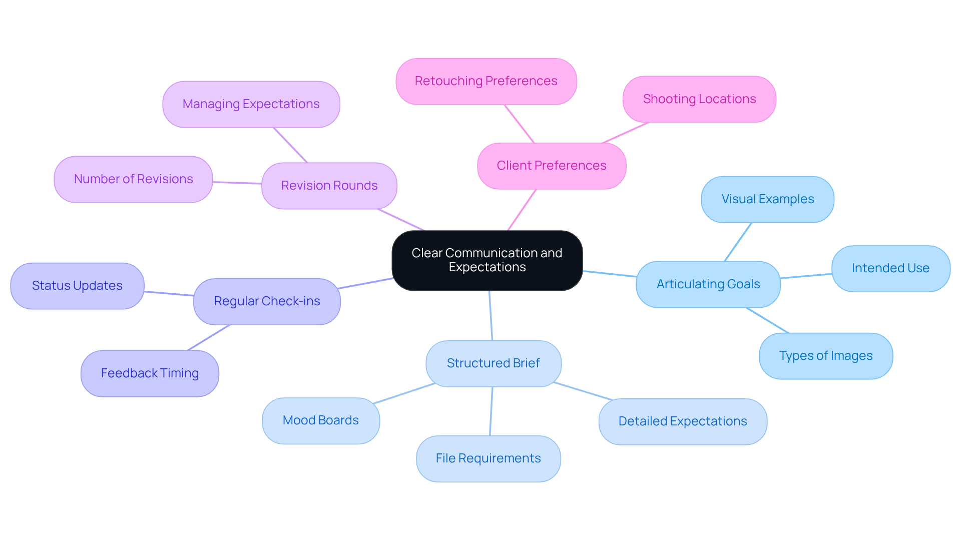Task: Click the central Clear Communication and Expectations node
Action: [487, 260]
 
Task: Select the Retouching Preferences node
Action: [486, 81]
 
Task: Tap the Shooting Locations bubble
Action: [699, 99]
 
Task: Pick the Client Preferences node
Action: [552, 166]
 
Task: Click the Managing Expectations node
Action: [251, 104]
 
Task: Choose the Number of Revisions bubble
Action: [133, 179]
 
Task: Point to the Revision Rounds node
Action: [329, 186]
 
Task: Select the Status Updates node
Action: [77, 286]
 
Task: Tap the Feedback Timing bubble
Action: [150, 373]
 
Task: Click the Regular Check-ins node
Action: [267, 301]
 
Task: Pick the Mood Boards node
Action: [320, 420]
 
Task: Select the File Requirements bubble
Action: [488, 458]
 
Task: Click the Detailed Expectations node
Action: [683, 421]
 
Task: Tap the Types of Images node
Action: [826, 356]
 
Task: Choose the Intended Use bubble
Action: [890, 268]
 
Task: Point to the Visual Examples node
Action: [767, 199]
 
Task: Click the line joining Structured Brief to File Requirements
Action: [491, 411]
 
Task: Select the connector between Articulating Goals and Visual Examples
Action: [738, 242]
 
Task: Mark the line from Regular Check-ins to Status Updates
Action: [169, 294]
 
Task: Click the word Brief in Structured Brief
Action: [526, 363]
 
